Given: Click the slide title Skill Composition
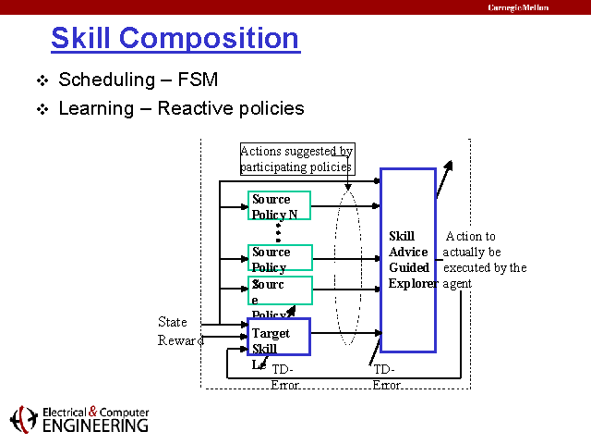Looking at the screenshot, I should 175,39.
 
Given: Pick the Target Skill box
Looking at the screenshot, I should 279,337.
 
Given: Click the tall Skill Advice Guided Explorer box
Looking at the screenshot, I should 407,260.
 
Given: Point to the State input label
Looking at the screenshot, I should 173,322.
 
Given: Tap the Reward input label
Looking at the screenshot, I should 181,340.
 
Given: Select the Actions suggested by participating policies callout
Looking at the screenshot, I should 296,159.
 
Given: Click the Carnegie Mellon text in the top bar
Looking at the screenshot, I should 518,7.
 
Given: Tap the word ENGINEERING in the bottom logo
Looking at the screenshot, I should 94,426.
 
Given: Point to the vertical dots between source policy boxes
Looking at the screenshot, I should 278,231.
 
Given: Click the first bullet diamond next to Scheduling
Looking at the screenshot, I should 41,80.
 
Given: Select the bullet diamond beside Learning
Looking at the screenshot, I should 41,109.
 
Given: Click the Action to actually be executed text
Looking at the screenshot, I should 484,260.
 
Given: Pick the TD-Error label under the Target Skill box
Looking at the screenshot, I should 285,376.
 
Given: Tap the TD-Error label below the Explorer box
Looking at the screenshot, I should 387,376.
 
